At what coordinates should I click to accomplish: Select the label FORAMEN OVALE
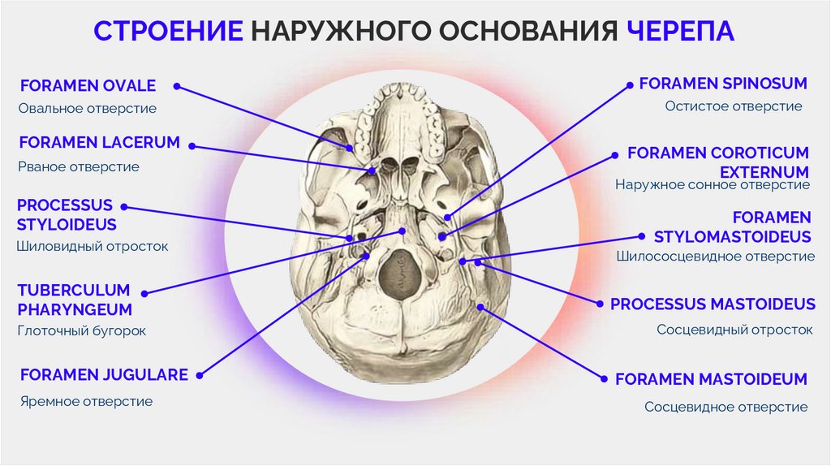click(x=88, y=86)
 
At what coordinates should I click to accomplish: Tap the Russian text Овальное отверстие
click(x=87, y=108)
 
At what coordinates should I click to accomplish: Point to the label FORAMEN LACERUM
click(x=99, y=143)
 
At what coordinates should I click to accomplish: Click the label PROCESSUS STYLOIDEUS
click(x=67, y=214)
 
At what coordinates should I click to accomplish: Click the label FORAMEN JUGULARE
click(x=104, y=375)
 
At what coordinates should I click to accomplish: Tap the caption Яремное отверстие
click(x=86, y=401)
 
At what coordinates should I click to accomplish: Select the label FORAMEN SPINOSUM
click(x=722, y=84)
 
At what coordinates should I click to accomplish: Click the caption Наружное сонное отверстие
click(x=712, y=185)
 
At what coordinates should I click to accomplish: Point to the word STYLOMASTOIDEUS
click(x=732, y=237)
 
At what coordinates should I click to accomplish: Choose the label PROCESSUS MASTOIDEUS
click(x=713, y=304)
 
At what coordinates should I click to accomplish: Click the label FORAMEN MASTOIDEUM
click(x=710, y=379)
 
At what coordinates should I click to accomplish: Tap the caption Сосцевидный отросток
click(x=734, y=330)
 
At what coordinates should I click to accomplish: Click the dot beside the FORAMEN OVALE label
click(x=177, y=85)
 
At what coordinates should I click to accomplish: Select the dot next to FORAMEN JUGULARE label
click(x=200, y=375)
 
